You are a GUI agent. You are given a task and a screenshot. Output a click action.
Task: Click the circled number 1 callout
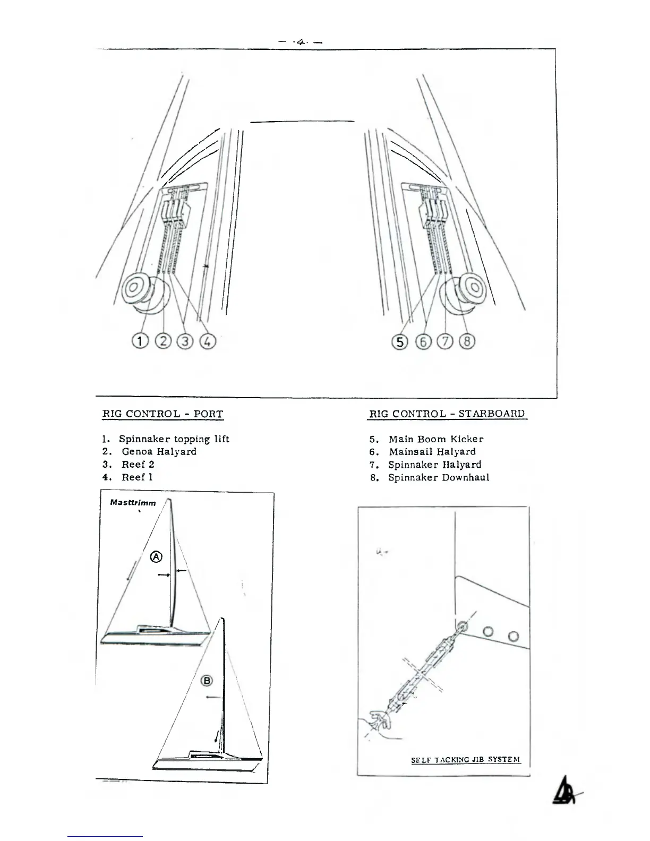140,341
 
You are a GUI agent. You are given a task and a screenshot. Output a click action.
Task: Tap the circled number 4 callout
208,341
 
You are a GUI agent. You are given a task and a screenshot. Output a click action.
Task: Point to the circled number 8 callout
467,341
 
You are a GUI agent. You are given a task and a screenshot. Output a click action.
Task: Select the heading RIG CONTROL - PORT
162,414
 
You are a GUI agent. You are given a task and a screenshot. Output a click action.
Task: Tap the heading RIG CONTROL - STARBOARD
447,414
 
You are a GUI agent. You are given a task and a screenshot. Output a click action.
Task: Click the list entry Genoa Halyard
159,451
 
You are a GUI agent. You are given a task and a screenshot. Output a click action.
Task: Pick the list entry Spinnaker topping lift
174,439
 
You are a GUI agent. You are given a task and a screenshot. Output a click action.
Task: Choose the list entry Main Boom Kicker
435,439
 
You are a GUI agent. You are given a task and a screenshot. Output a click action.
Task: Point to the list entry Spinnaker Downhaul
438,477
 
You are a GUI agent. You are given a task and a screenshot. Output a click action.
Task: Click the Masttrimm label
133,502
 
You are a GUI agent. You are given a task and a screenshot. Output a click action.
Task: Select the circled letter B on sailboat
207,681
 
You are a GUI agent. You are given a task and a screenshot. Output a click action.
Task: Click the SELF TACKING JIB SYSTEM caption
465,760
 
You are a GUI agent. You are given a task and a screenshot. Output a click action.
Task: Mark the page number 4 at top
301,40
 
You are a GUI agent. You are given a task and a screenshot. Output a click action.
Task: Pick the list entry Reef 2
138,464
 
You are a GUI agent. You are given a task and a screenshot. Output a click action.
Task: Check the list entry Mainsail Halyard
432,452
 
